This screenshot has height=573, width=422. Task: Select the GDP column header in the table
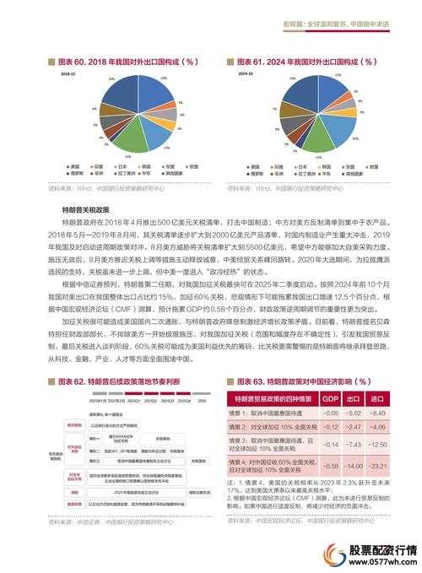(331, 397)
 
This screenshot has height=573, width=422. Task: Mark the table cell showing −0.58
(331, 466)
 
